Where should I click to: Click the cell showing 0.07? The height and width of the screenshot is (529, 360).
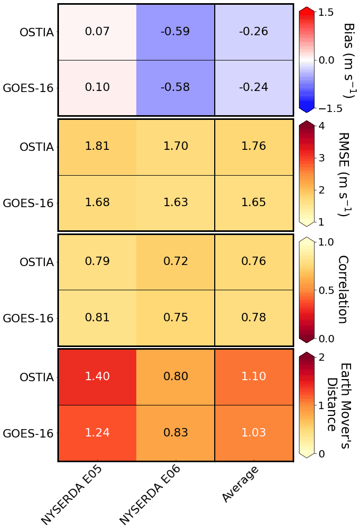[97, 32]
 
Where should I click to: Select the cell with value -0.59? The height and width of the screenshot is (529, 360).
[175, 32]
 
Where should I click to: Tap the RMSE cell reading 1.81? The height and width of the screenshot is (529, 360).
[97, 146]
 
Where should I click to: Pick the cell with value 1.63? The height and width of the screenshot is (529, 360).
[175, 202]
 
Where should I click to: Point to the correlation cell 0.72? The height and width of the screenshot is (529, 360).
[175, 261]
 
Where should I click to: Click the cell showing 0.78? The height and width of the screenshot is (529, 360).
[253, 318]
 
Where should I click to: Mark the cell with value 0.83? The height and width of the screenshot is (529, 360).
[175, 433]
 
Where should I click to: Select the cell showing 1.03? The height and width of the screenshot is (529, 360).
[253, 433]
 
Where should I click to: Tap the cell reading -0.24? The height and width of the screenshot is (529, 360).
[253, 87]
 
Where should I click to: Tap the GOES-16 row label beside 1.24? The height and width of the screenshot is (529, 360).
[28, 433]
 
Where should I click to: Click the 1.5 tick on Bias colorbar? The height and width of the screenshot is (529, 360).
[327, 12]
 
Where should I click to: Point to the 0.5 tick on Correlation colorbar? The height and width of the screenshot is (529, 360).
[327, 290]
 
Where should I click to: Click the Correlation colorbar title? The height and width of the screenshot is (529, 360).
[343, 290]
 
